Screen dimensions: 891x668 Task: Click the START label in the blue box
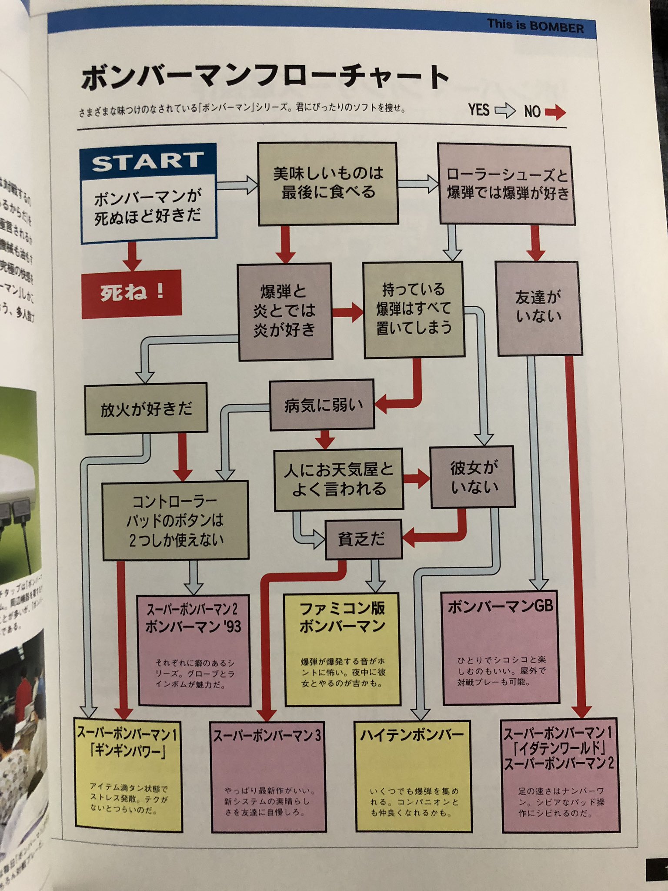pyautogui.click(x=148, y=161)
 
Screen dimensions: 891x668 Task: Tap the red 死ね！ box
pyautogui.click(x=131, y=293)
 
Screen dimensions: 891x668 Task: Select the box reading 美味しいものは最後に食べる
pyautogui.click(x=328, y=183)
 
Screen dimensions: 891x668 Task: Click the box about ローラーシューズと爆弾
pyautogui.click(x=506, y=184)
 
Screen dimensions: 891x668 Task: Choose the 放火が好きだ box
pyautogui.click(x=146, y=409)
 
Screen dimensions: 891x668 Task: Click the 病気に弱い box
pyautogui.click(x=322, y=405)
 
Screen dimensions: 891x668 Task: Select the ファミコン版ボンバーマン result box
pyautogui.click(x=342, y=649)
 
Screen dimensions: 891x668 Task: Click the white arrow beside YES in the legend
pyautogui.click(x=505, y=111)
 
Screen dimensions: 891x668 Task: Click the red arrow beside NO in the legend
pyautogui.click(x=555, y=112)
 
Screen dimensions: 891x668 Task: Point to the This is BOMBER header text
pyautogui.click(x=535, y=26)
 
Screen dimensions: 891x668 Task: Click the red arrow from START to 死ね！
pyautogui.click(x=132, y=256)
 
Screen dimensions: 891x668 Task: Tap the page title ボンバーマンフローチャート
pyautogui.click(x=264, y=77)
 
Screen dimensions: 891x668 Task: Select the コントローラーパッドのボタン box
pyautogui.click(x=176, y=520)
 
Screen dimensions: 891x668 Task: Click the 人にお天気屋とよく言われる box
pyautogui.click(x=339, y=479)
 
